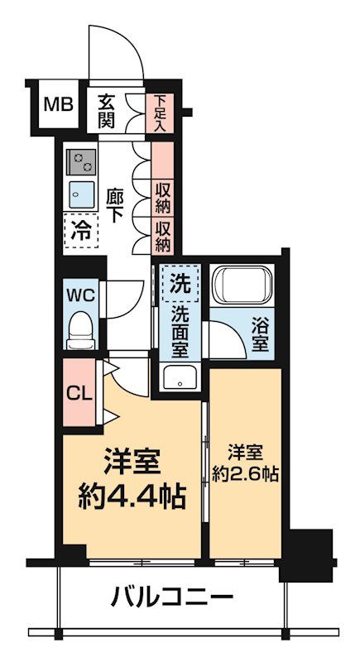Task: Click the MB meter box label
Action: pos(58,105)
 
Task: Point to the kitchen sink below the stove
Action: pos(80,193)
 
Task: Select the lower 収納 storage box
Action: pos(163,234)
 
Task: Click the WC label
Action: pos(81,295)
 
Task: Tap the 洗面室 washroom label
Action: pos(180,329)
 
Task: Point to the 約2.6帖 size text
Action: pos(245,475)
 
